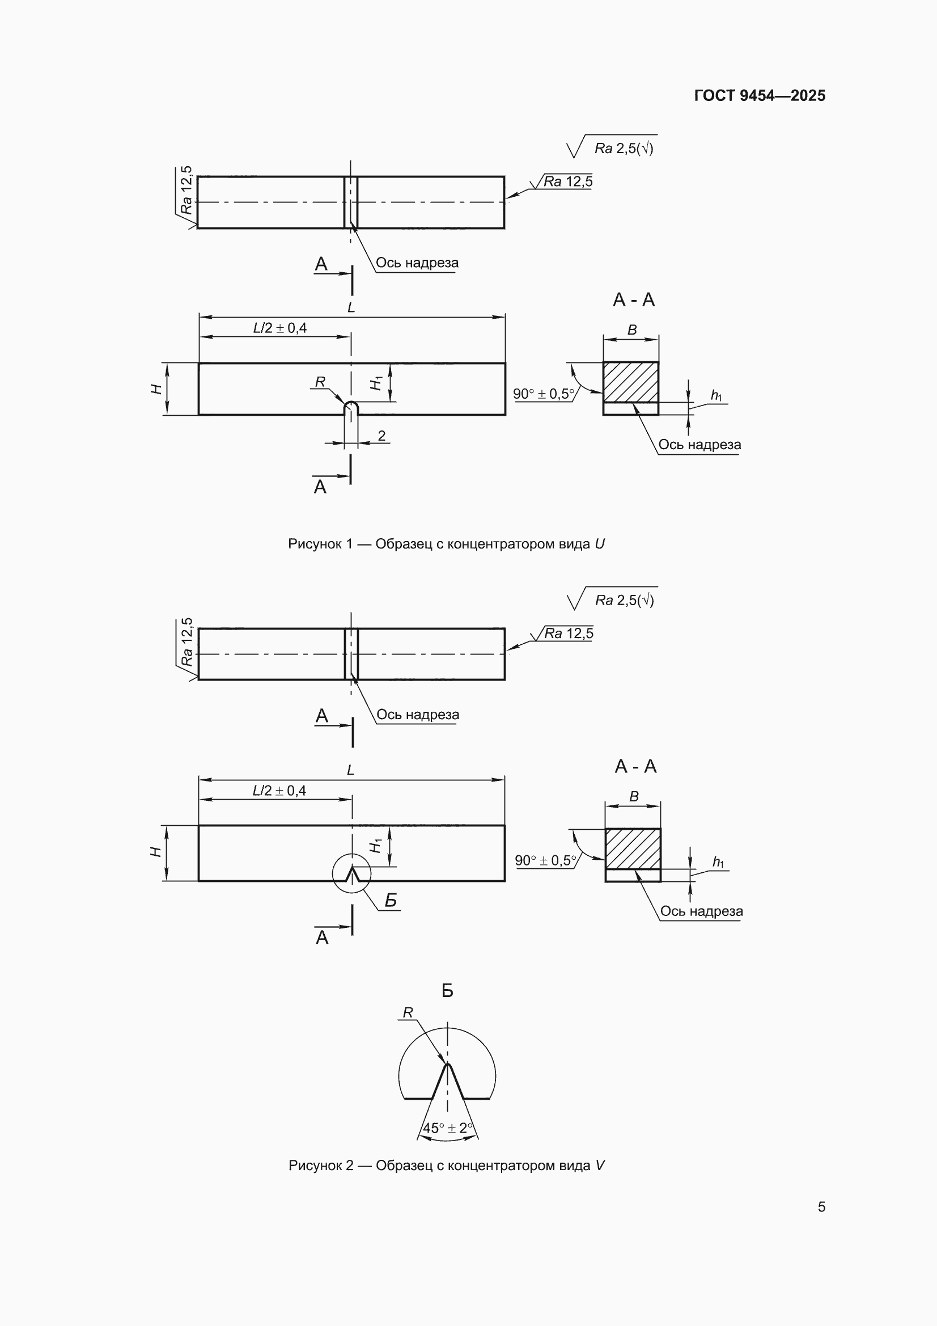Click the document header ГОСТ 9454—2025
point(759,95)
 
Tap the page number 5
point(821,1206)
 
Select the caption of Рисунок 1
point(446,543)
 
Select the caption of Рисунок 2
point(446,1165)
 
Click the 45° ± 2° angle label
point(447,1127)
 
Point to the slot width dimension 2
point(381,436)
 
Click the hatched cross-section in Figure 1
point(631,382)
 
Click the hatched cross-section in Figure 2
point(633,848)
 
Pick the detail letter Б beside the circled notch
point(391,901)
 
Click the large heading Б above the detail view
point(447,991)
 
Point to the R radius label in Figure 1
point(320,382)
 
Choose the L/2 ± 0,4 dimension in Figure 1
point(280,328)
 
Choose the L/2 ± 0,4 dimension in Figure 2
point(279,791)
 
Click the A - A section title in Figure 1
point(634,299)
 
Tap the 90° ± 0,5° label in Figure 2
point(545,860)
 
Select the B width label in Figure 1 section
point(632,330)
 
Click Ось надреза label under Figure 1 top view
point(417,263)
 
